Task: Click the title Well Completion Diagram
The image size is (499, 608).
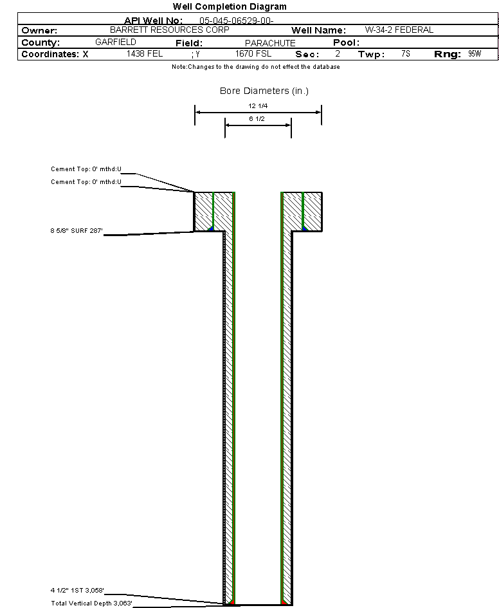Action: (230, 6)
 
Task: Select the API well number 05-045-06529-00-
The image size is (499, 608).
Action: (237, 21)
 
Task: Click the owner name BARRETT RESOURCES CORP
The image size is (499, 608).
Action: (170, 30)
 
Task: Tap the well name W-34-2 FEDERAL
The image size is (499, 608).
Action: (399, 30)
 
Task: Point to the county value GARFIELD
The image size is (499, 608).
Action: (116, 42)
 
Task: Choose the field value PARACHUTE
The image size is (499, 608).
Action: (270, 43)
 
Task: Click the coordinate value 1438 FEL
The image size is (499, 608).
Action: (145, 54)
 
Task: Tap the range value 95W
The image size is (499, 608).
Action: (475, 54)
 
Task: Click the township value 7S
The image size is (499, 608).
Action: (405, 54)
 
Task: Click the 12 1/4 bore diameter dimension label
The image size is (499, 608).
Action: (258, 105)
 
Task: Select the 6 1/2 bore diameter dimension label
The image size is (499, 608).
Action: (257, 120)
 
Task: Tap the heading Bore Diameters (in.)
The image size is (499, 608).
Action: (264, 91)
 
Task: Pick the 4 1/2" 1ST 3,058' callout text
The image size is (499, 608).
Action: (77, 590)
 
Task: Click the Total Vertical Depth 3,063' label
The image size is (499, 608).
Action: (91, 603)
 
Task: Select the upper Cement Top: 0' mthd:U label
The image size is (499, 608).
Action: (86, 169)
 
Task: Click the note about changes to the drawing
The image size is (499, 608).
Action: (256, 67)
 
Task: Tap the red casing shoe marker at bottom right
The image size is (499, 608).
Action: (284, 602)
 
